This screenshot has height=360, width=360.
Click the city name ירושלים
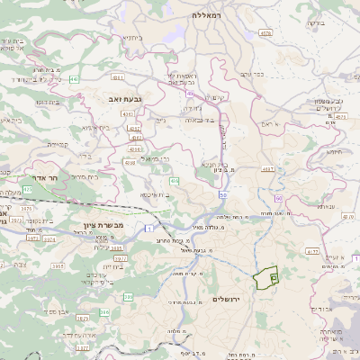(229, 298)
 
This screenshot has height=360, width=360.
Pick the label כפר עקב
(265, 74)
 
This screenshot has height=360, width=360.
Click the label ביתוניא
(130, 39)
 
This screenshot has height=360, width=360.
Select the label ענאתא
(325, 206)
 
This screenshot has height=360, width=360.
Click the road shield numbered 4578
(265, 32)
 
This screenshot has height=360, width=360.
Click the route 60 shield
(279, 197)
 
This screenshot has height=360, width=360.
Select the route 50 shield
(222, 193)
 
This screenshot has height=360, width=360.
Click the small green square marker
(274, 280)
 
